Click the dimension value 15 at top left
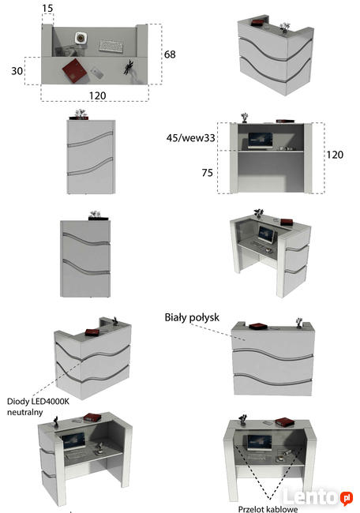(x=47, y=8)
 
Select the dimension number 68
(x=170, y=54)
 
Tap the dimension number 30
(x=17, y=71)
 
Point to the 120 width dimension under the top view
(x=98, y=95)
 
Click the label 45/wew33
(x=190, y=138)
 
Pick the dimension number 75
(x=207, y=172)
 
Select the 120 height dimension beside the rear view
(x=335, y=155)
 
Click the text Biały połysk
(x=192, y=317)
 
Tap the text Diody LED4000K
(x=38, y=401)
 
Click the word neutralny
(x=25, y=412)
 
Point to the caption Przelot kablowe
(x=268, y=509)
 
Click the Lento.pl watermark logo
(x=317, y=497)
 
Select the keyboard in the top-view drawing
(x=111, y=46)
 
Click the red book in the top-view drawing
(x=75, y=71)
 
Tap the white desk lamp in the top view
(x=81, y=38)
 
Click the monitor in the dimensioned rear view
(x=261, y=140)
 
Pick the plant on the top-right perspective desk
(x=284, y=28)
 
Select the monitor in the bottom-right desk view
(x=260, y=443)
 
